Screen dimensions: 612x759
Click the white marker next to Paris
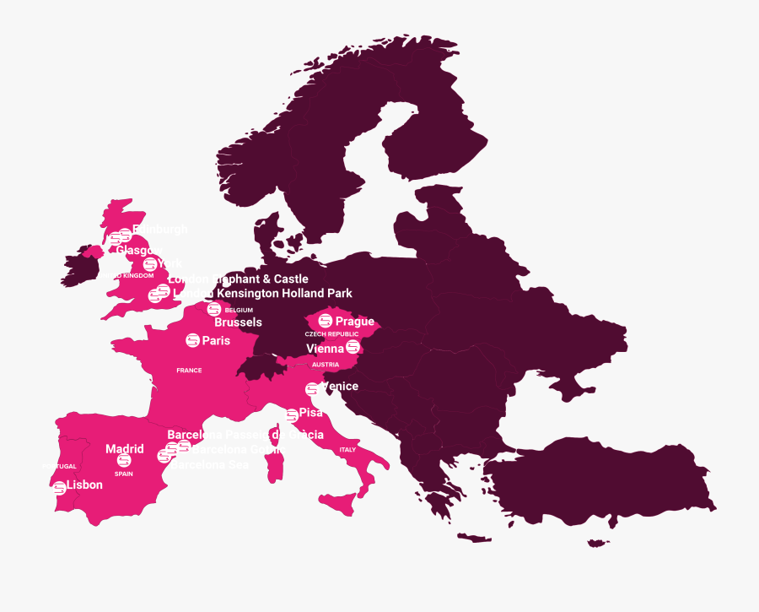[x=193, y=340]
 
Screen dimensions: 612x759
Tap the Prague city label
[x=354, y=322]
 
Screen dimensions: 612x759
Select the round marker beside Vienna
[x=353, y=347]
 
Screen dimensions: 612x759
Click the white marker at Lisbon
[x=59, y=488]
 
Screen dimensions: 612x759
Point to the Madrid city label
[x=124, y=449]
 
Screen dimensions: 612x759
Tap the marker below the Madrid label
[x=124, y=461]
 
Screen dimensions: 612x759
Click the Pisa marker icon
[x=292, y=414]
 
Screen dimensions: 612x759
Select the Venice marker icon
[x=312, y=388]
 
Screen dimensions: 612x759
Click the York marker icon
[x=150, y=264]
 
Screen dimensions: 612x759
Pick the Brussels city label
[x=238, y=322]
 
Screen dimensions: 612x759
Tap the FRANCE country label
[x=189, y=371]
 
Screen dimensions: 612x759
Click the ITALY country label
[x=347, y=450]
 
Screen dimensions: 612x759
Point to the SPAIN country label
[x=124, y=474]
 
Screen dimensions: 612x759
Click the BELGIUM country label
[x=239, y=310]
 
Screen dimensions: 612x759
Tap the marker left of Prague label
[x=325, y=321]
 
